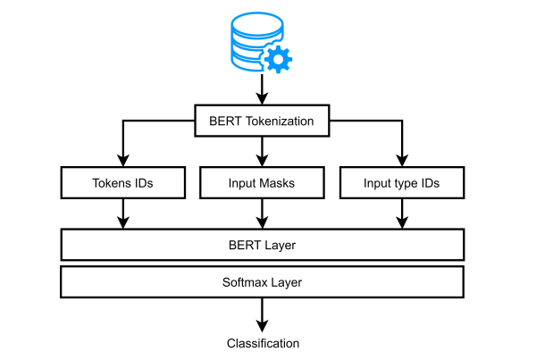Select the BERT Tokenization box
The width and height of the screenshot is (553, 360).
[x=262, y=121]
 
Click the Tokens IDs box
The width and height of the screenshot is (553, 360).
[x=122, y=183]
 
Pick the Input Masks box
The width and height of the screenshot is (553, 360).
[x=262, y=183]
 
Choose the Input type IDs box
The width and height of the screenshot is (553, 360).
[x=401, y=183]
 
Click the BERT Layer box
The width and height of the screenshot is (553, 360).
[x=262, y=244]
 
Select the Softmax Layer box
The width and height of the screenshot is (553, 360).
[x=262, y=281]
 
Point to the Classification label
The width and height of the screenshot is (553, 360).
[x=263, y=343]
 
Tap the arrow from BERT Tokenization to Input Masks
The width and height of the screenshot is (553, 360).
[x=262, y=152]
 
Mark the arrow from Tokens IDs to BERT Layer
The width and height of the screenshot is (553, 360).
[x=122, y=213]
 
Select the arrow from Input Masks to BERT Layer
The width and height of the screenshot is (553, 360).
[x=262, y=213]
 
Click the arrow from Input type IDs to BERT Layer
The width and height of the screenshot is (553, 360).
[x=401, y=213]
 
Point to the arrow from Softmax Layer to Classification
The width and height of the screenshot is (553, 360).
[x=262, y=314]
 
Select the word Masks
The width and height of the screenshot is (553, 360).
[x=278, y=183]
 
